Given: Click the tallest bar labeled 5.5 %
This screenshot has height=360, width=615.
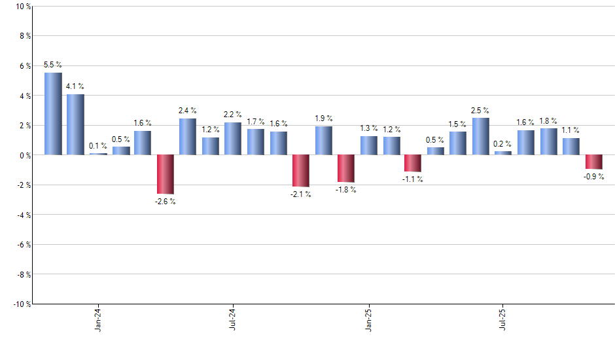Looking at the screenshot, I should tap(53, 114).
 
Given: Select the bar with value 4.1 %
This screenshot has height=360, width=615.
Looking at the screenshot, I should tap(75, 124).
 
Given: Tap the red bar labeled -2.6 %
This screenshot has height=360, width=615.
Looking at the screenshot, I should tap(165, 174).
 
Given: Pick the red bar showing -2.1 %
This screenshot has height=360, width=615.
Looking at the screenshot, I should tap(300, 170).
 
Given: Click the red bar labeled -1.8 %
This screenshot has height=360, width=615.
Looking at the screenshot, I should tap(345, 168).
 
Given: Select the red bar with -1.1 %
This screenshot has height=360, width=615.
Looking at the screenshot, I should tap(413, 163).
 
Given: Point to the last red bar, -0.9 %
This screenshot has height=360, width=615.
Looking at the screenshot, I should tap(593, 162).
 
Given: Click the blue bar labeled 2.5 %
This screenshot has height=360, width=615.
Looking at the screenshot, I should tap(480, 136).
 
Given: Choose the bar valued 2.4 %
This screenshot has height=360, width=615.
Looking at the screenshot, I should tap(188, 137).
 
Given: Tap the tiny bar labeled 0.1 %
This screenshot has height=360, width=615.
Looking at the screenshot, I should tap(98, 153).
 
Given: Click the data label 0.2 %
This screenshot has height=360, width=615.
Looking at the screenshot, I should tap(503, 144).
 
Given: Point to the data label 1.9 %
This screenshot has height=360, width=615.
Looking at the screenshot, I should tap(323, 118).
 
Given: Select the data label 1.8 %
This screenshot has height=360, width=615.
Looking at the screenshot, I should tap(548, 120).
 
